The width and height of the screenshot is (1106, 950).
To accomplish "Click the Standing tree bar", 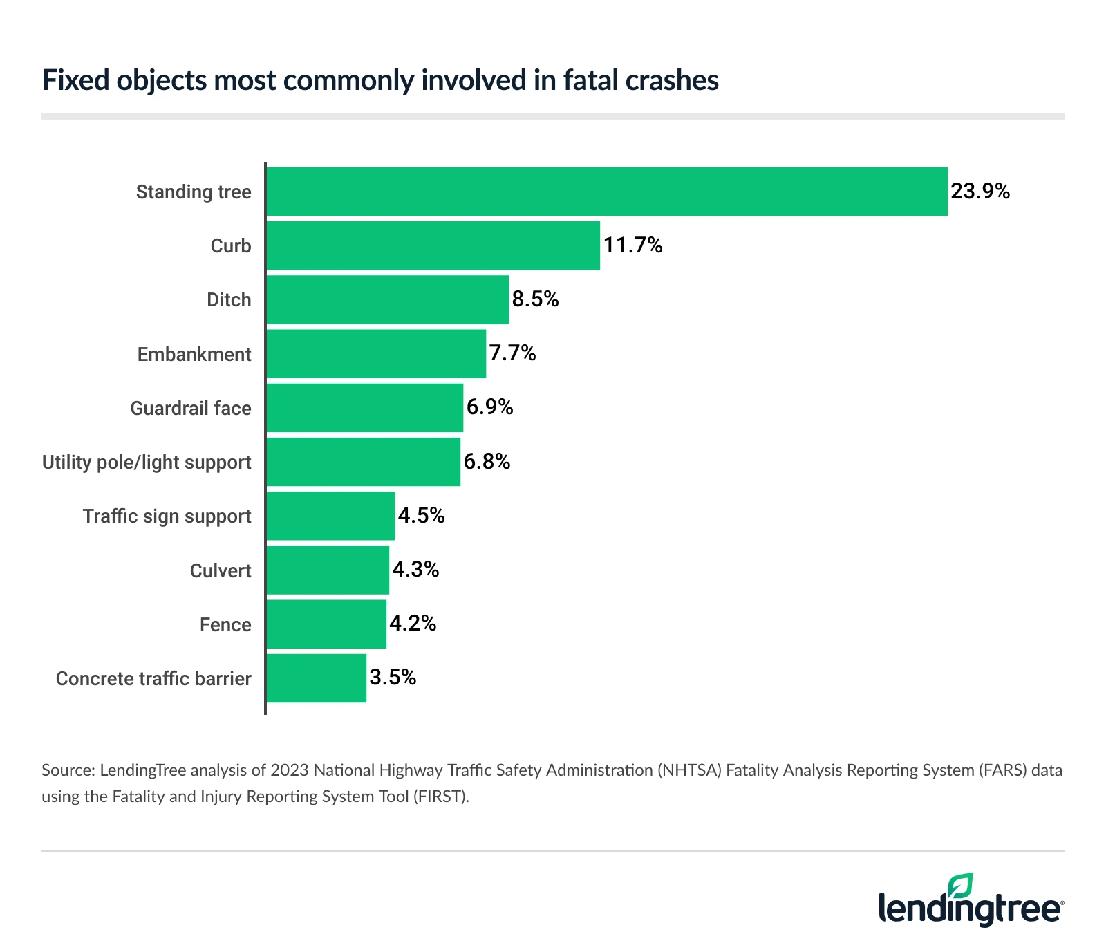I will (x=607, y=192).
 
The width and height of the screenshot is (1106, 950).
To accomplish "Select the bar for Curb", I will (x=433, y=245).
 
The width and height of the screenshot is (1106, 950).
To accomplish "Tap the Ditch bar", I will (x=388, y=299).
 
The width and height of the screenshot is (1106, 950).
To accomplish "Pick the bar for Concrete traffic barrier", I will (x=317, y=678).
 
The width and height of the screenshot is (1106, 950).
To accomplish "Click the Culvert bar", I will (x=328, y=570).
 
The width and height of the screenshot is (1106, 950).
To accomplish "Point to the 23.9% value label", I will (x=980, y=192).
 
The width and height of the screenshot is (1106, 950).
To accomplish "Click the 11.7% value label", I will (x=633, y=245).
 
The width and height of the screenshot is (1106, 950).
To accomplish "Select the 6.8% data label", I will (x=487, y=462).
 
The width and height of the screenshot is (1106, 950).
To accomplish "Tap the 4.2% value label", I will (x=413, y=624).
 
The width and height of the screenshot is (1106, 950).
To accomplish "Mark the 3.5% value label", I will (x=393, y=678).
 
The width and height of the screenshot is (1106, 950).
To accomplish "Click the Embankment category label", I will (x=194, y=355).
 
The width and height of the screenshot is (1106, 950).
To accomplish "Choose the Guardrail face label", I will (x=191, y=409).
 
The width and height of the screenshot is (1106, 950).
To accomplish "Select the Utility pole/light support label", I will (x=147, y=463).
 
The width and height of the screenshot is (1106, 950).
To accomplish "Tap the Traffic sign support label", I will (x=167, y=516).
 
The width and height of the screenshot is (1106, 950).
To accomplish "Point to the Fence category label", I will (x=225, y=625).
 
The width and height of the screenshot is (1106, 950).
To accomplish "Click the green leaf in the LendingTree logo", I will (x=961, y=886).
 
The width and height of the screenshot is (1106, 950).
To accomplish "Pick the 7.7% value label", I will (x=513, y=353).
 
